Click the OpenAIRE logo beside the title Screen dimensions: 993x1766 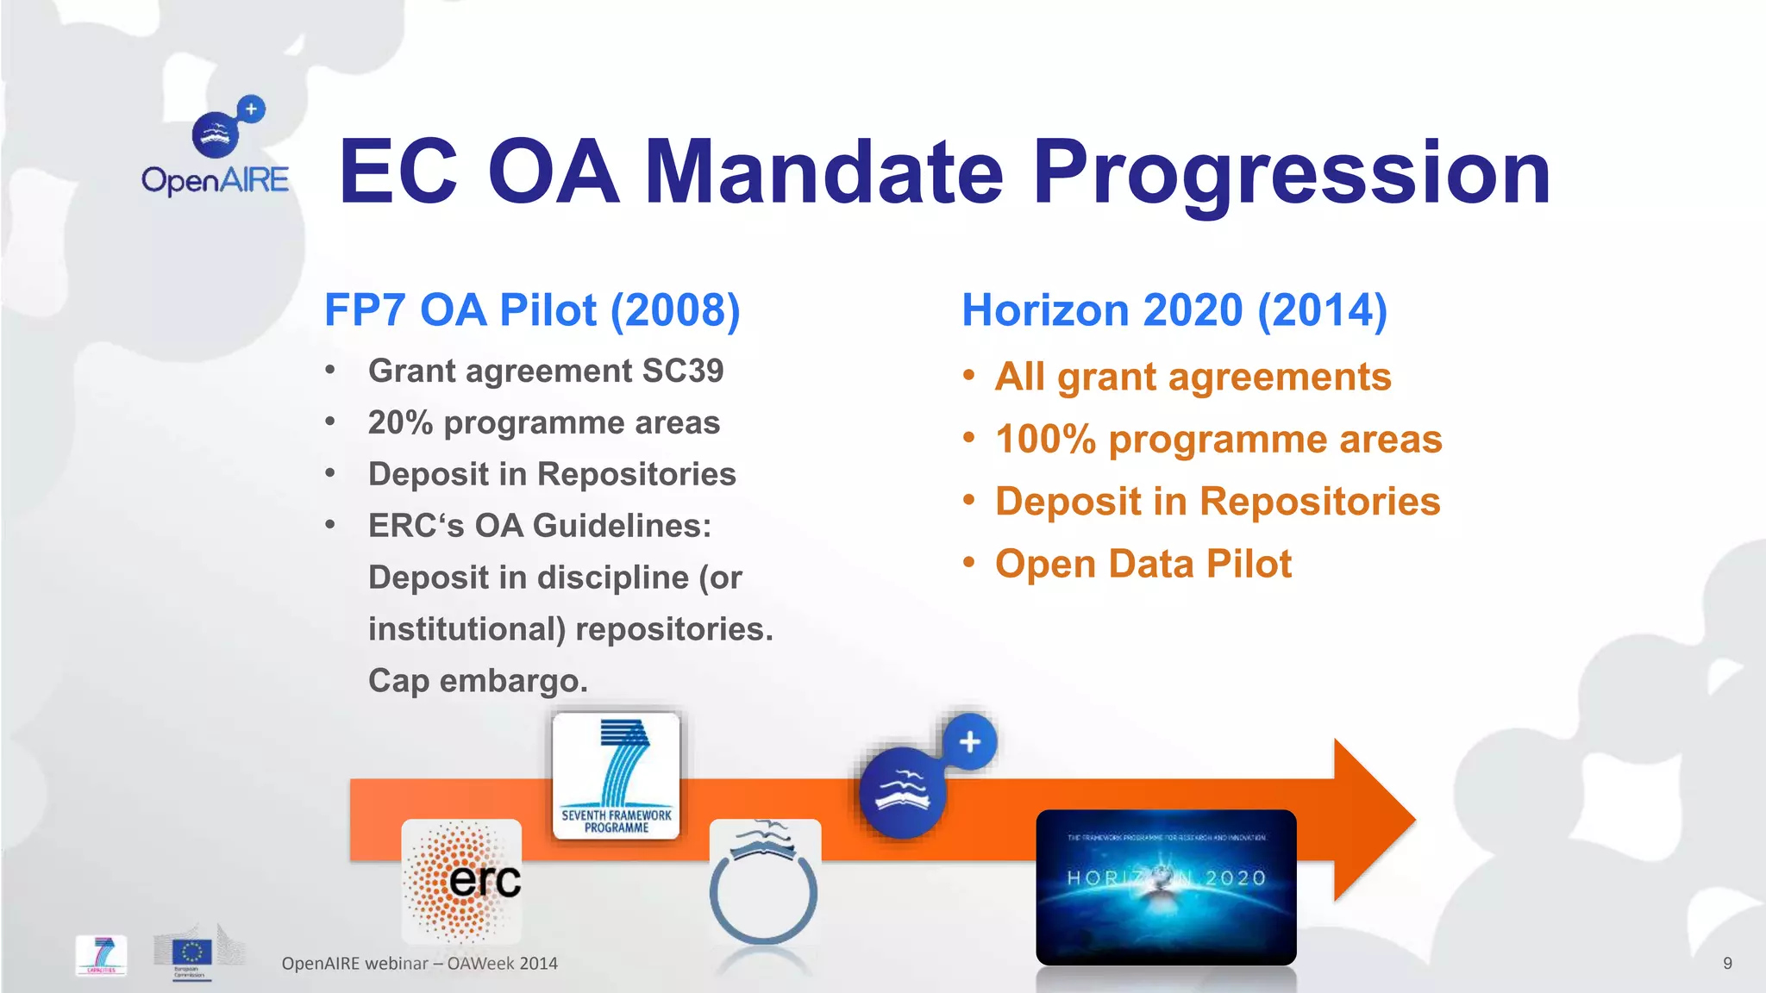(x=216, y=147)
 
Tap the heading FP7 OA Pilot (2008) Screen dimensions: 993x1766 (x=532, y=310)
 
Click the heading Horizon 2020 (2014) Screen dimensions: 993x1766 (x=1174, y=310)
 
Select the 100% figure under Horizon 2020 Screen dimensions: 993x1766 (x=1045, y=439)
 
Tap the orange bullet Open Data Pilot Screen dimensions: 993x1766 (x=1143, y=564)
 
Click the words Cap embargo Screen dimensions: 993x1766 (x=478, y=681)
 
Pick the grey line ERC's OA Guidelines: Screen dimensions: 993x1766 (x=540, y=526)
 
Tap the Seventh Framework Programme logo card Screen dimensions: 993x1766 (x=616, y=775)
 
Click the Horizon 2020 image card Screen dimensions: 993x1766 (x=1166, y=886)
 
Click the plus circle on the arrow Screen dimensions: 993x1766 (x=969, y=742)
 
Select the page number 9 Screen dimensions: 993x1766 (x=1727, y=963)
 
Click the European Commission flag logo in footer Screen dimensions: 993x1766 (x=191, y=952)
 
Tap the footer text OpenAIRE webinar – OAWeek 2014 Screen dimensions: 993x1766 (x=419, y=963)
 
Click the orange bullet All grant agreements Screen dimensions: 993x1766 (x=1193, y=377)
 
